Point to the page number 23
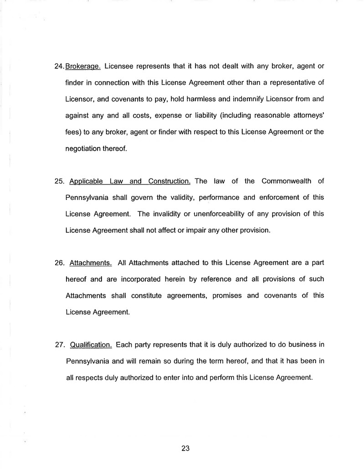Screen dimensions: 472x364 point(185,448)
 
